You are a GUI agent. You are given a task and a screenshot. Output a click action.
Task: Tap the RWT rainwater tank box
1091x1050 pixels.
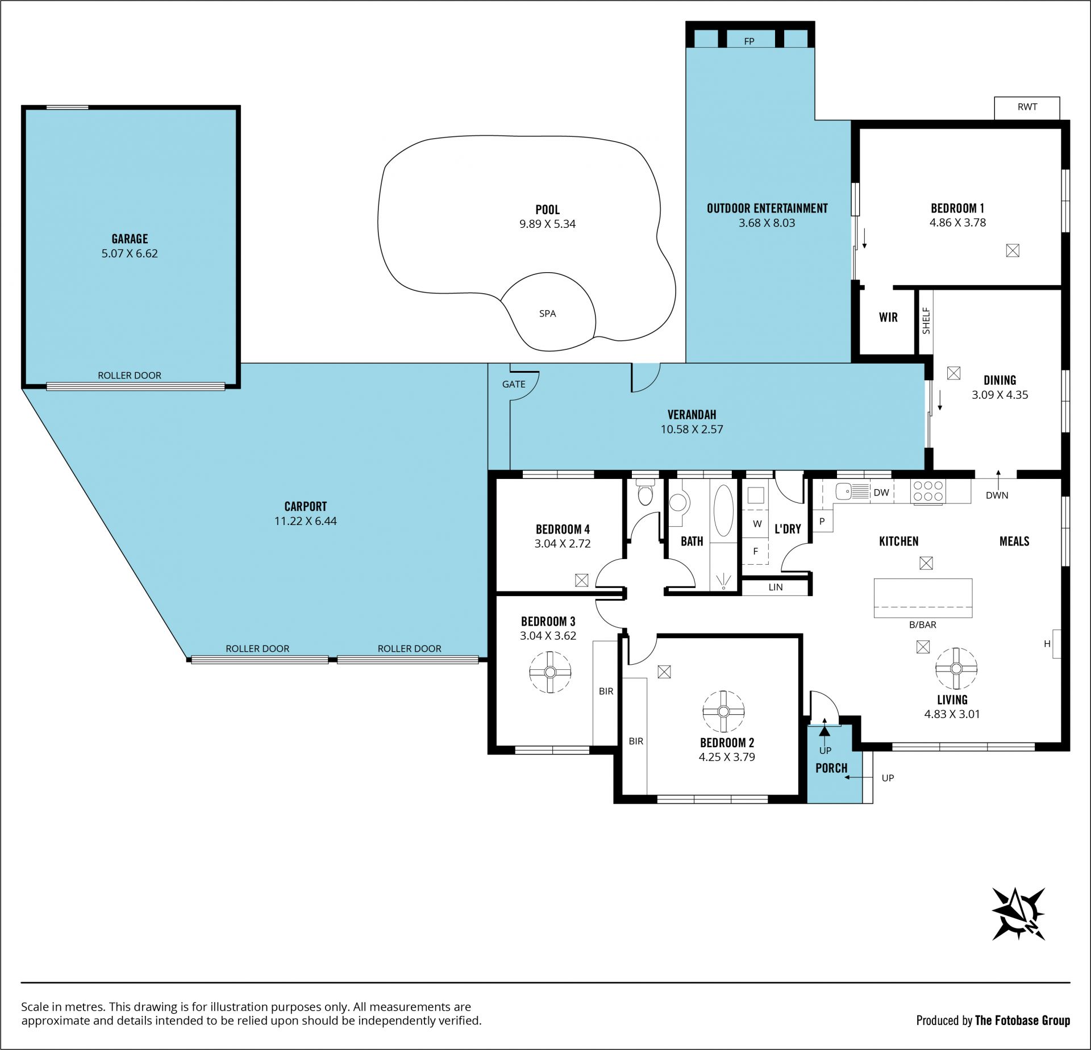[1027, 108]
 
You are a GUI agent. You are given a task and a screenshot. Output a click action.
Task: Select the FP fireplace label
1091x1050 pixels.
[749, 41]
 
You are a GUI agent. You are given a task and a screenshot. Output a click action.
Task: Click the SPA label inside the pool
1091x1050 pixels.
[547, 314]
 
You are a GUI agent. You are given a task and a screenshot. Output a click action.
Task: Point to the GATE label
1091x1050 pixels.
[514, 384]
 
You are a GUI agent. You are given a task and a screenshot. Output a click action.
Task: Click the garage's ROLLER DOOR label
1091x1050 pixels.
[130, 375]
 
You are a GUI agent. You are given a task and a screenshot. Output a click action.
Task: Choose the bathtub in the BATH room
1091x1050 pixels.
[723, 510]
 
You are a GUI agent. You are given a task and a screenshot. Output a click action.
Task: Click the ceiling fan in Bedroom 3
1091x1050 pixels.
[549, 672]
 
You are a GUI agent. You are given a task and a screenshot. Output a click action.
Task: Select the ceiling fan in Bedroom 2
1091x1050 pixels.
[723, 711]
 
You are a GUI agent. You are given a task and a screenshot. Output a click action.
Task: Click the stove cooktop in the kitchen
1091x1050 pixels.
[927, 491]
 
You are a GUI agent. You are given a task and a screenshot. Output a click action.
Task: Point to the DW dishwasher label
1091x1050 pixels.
[881, 493]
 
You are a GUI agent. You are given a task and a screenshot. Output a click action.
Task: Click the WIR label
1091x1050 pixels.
[888, 318]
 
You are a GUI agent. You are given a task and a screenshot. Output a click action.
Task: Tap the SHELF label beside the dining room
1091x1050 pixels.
[926, 321]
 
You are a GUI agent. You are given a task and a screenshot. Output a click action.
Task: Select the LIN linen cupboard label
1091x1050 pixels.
[776, 587]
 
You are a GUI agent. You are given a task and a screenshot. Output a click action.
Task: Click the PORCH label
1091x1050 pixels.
[831, 768]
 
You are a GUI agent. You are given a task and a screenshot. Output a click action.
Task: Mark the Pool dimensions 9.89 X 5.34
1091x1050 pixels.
[547, 224]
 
